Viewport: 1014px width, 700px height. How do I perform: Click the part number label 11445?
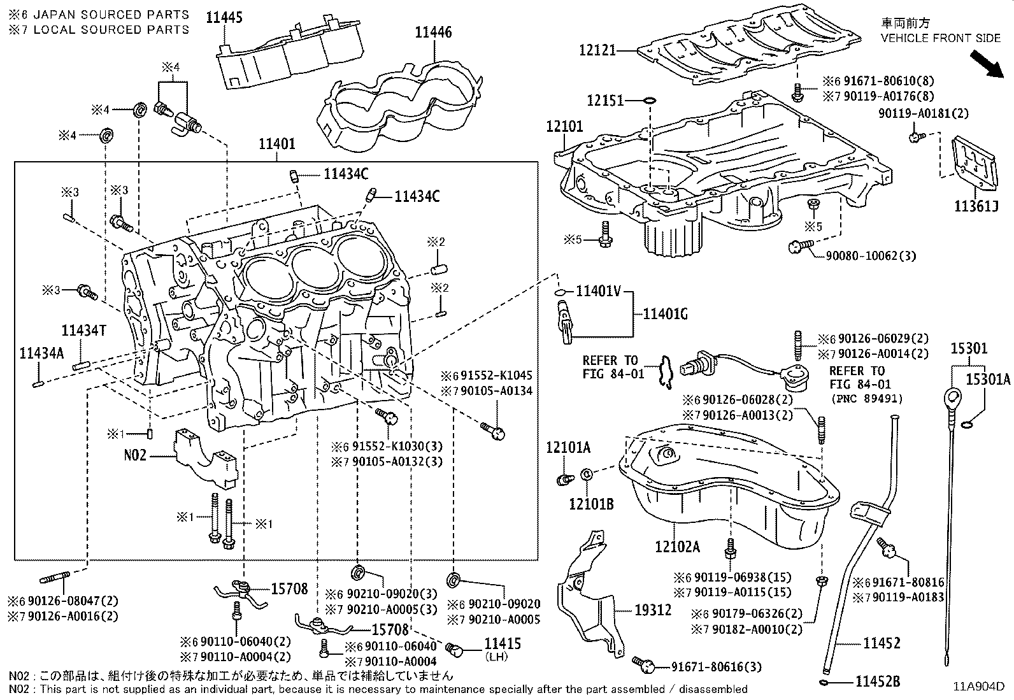224,17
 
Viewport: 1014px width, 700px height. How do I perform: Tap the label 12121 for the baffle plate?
597,49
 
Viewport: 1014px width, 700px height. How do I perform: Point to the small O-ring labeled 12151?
649,100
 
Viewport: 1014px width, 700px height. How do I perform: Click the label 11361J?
975,206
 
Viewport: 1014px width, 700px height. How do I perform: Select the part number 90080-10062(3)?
871,255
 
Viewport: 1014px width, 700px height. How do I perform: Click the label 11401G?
665,313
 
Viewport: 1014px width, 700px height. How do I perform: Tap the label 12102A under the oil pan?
677,546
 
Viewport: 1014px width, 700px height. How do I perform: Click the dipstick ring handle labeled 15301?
952,399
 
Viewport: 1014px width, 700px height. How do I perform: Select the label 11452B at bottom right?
877,682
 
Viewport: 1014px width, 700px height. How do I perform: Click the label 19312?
653,610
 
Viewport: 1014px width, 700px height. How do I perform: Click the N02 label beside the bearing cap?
135,455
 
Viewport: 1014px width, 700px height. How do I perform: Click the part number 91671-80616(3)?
716,667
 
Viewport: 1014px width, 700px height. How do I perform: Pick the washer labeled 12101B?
587,475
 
